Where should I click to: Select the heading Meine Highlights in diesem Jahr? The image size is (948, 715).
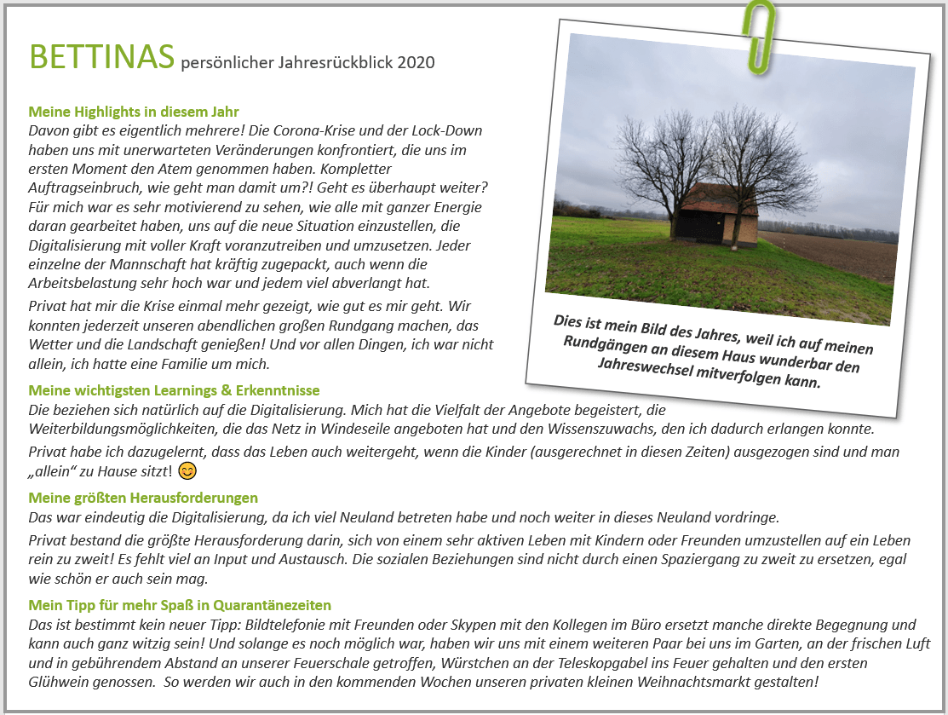134,112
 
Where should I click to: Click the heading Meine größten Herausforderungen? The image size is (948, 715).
143,498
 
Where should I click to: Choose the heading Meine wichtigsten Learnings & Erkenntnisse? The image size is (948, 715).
174,390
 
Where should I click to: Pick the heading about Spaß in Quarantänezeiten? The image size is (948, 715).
180,605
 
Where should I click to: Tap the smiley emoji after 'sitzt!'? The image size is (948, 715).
188,471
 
